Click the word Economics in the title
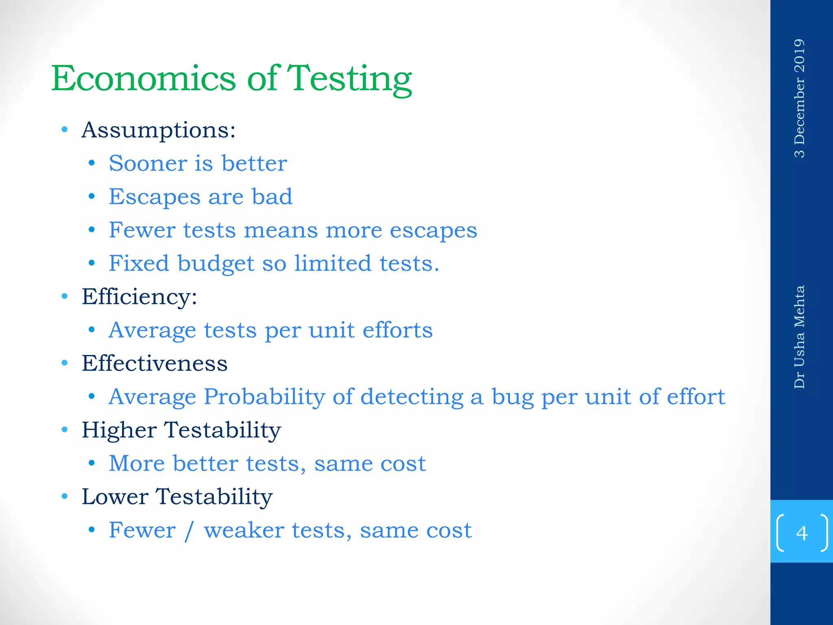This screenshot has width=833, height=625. coord(143,78)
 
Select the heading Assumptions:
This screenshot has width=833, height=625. coord(158,130)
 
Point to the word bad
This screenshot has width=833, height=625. coord(272,197)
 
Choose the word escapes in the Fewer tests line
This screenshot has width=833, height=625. coord(433,231)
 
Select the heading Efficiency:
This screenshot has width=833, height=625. coord(139,297)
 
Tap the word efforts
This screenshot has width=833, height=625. coord(397,330)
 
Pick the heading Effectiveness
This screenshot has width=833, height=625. coord(154,363)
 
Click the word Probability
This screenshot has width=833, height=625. coord(264,397)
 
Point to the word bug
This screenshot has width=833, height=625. coord(512,397)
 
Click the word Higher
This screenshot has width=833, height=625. coord(119,430)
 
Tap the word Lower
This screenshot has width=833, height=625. coord(115,496)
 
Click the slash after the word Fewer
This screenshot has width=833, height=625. coord(189,531)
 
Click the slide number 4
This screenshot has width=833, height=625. coord(802,533)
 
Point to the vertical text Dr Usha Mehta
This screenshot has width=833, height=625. coord(799,337)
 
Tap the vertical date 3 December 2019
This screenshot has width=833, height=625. coord(799,98)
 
